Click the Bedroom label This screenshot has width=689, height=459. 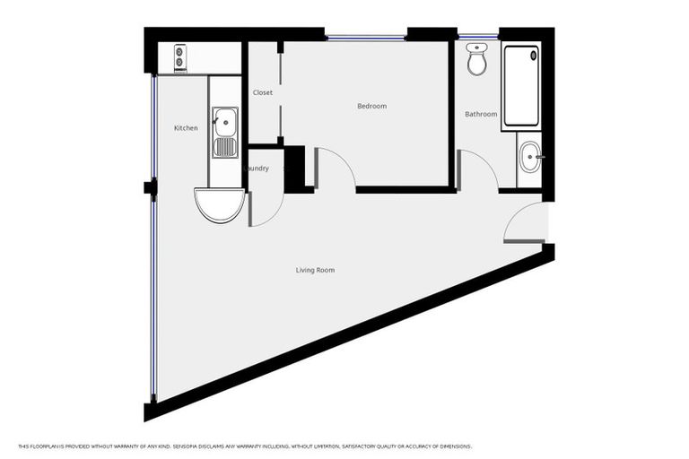pos(371,107)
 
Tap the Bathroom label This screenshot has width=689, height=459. pos(481,115)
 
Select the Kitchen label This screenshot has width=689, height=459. pos(186,128)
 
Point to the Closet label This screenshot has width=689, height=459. pos(263,93)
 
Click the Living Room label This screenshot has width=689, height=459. pos(316,270)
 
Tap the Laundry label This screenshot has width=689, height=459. pos(257,169)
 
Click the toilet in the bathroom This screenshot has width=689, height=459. pos(477,60)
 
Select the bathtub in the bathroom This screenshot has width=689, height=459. pos(520,86)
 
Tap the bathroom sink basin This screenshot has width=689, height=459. pos(530,158)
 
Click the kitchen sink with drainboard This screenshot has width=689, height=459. pos(225,133)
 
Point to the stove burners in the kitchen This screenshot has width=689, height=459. pos(180,57)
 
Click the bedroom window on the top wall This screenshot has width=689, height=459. pos(365,37)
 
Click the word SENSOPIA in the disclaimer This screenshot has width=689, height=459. pos(191,446)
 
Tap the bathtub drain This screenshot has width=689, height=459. pos(534,55)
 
